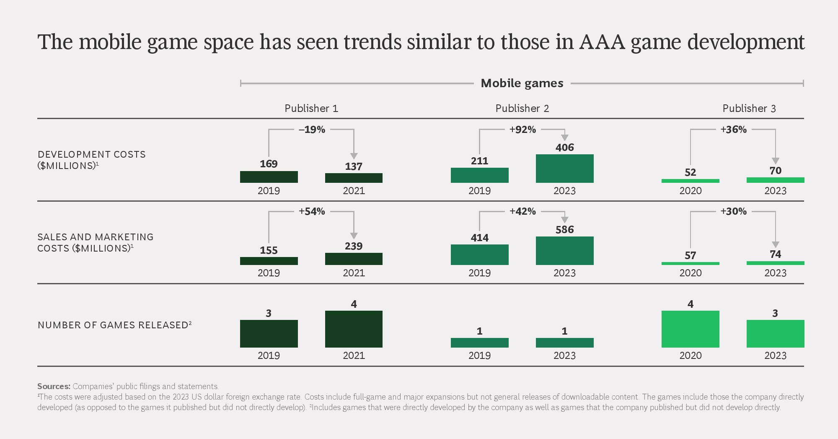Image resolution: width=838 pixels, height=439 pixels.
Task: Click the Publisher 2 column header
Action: click(x=522, y=109)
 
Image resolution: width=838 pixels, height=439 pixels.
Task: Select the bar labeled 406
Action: click(x=564, y=169)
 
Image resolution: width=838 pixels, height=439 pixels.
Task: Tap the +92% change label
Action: click(x=522, y=130)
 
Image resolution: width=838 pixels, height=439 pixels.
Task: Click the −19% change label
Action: click(x=312, y=130)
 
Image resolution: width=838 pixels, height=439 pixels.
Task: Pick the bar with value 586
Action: click(x=564, y=251)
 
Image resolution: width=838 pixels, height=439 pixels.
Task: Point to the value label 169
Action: click(x=269, y=164)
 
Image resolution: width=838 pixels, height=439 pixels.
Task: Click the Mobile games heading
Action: click(x=522, y=83)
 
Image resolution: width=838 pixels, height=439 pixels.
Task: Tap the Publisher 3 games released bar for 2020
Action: click(x=690, y=329)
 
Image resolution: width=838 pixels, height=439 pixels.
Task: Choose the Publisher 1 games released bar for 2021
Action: click(x=354, y=329)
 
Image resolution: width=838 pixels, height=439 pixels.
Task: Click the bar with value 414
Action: click(x=479, y=255)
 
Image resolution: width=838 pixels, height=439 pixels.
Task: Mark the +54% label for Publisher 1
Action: click(x=312, y=211)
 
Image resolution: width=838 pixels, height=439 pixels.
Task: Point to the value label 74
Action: click(x=775, y=254)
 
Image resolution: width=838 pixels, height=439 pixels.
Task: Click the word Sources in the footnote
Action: click(x=54, y=386)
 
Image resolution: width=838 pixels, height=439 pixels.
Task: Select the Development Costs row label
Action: click(x=92, y=160)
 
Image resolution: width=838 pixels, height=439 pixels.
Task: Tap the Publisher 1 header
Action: click(x=311, y=109)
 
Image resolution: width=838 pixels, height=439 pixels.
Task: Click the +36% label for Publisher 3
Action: click(x=733, y=130)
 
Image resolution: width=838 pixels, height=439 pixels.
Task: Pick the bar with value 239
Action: click(x=354, y=259)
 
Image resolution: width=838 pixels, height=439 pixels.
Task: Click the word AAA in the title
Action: click(x=602, y=42)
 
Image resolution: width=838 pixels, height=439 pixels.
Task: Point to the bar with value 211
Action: click(x=479, y=175)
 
